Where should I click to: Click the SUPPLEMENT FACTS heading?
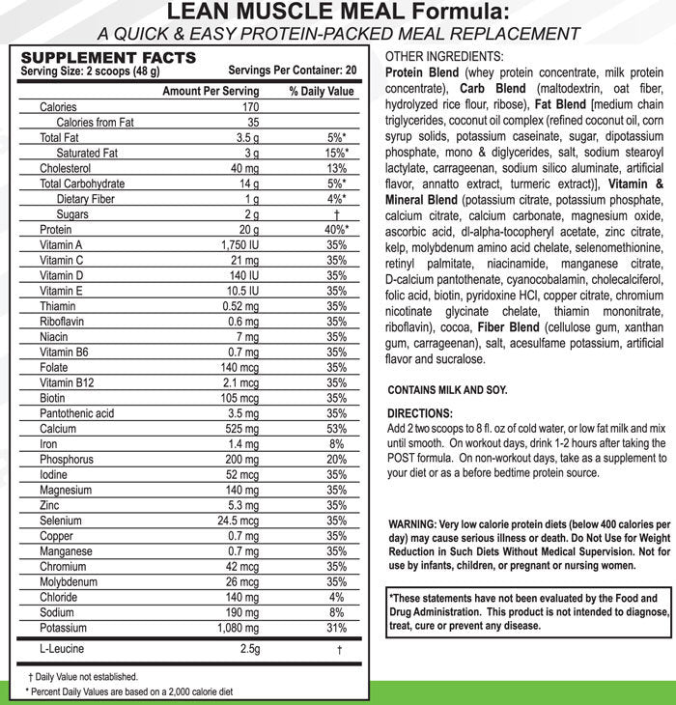pyautogui.click(x=108, y=58)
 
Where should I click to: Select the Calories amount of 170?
pyautogui.click(x=250, y=107)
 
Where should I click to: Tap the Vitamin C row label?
pyautogui.click(x=62, y=261)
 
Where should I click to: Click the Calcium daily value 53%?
pyautogui.click(x=337, y=429)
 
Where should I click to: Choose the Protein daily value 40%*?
pyautogui.click(x=337, y=230)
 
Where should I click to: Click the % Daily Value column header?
pyautogui.click(x=322, y=91)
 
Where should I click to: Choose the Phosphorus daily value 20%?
pyautogui.click(x=337, y=460)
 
